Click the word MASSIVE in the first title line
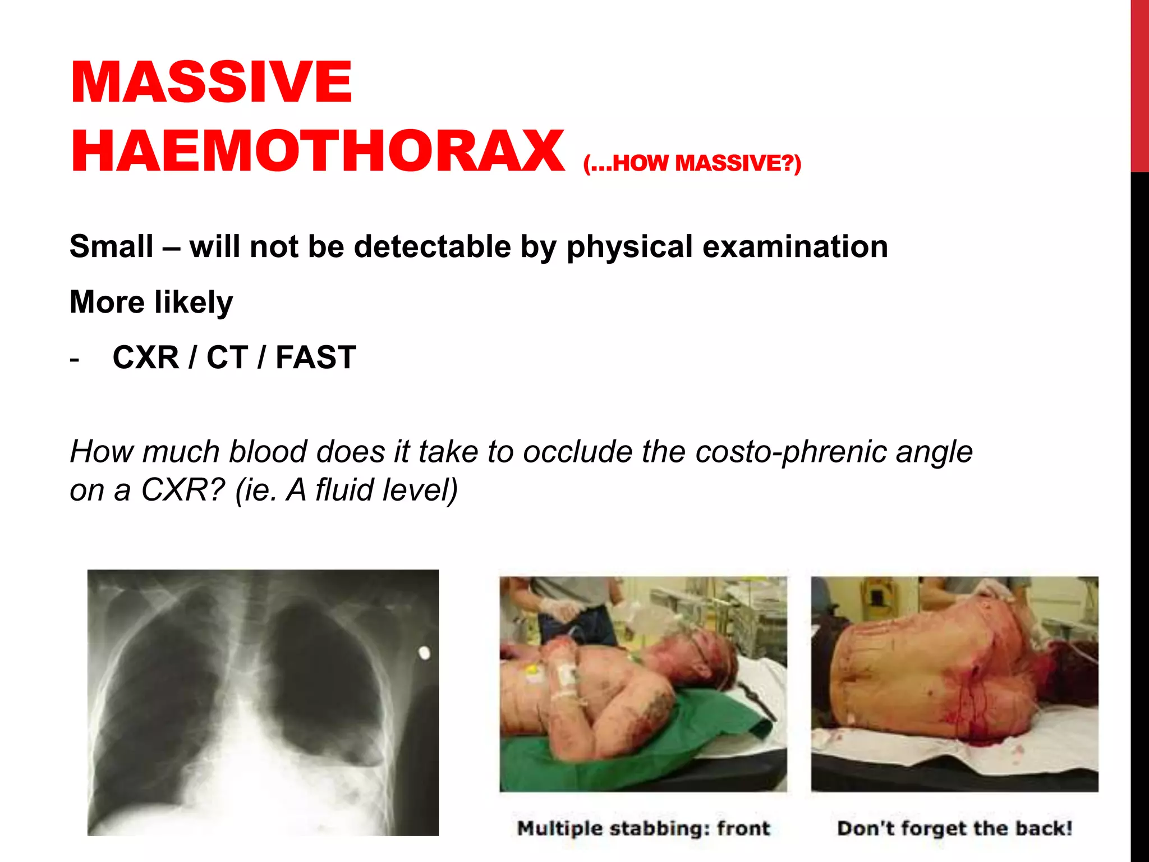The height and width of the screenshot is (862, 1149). point(212,82)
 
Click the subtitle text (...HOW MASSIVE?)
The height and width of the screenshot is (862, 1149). point(692,163)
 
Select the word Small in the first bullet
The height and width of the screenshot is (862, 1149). point(112,246)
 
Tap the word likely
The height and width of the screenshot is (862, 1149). point(194,302)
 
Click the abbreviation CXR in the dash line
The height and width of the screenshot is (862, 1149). point(146,357)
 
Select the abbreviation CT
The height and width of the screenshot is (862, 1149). point(227,357)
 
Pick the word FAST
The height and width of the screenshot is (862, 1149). point(316,357)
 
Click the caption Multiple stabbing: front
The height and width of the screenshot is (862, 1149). point(644,828)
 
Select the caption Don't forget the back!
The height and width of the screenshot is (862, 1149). point(954,828)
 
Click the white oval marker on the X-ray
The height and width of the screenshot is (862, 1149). point(425,653)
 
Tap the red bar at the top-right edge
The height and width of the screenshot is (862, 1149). point(1139,84)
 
